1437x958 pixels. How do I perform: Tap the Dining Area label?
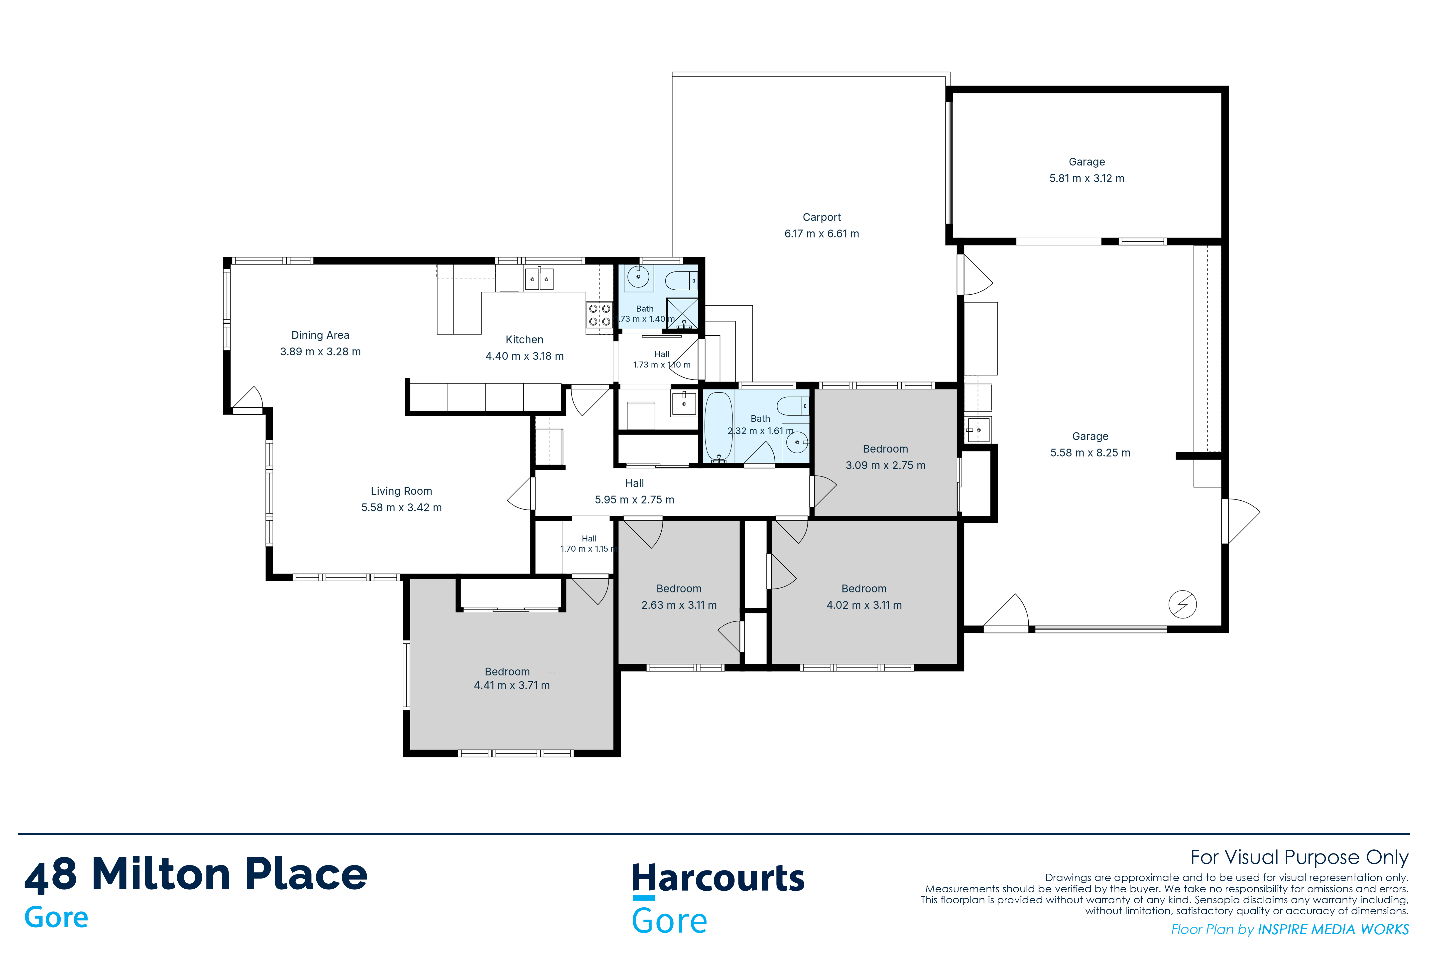[x=320, y=335]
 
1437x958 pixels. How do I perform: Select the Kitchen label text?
[x=524, y=340]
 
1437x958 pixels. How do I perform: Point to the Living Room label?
[x=401, y=491]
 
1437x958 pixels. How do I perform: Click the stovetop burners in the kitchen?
[x=599, y=315]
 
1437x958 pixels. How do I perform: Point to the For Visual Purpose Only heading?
[x=1300, y=858]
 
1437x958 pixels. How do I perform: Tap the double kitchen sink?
[x=539, y=279]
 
